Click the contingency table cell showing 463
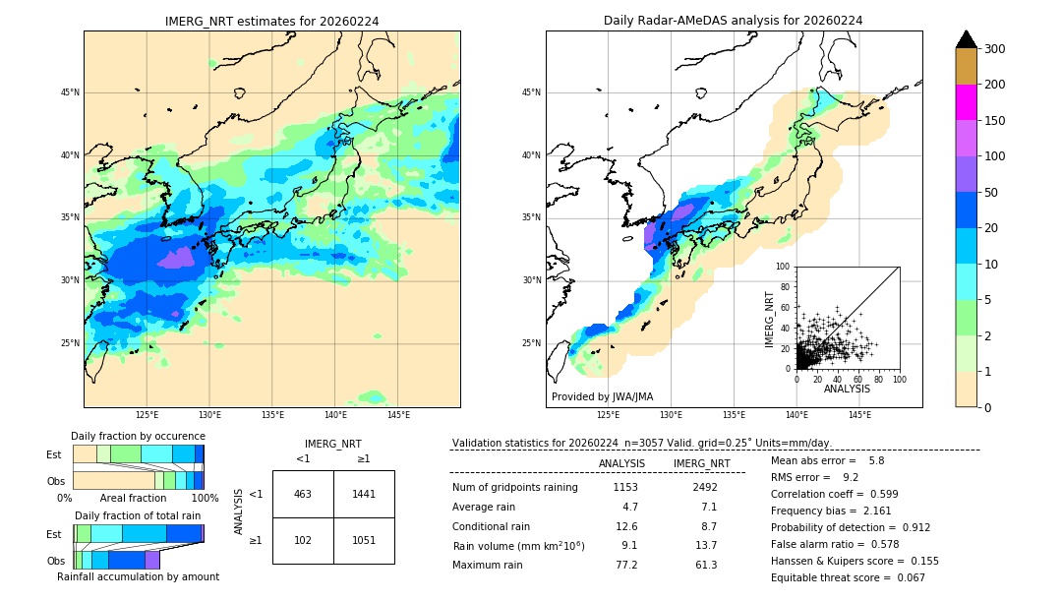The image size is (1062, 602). coord(303,494)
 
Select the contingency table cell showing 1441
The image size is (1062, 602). coord(364,494)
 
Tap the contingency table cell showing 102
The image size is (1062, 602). coord(303,540)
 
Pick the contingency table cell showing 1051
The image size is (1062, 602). coord(364,540)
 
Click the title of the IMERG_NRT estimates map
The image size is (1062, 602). coord(271,21)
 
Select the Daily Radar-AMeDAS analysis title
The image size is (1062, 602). coord(733,21)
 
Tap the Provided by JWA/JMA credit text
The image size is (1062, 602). coord(602,397)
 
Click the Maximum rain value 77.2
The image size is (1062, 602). coord(626,565)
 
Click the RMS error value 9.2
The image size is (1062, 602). coord(851,477)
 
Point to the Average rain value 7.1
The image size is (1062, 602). coord(708,507)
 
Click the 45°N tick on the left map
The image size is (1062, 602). coord(70,92)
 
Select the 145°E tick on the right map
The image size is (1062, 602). coord(859,416)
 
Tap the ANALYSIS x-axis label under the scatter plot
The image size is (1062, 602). coord(847,389)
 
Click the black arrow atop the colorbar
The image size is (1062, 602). coord(967,39)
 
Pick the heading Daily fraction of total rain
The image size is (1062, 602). coord(138,515)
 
